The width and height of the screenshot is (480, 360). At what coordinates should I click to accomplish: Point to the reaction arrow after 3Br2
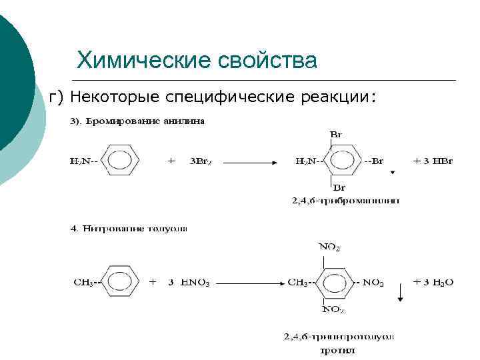click(x=252, y=162)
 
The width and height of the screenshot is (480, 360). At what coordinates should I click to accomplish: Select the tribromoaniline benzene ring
click(x=344, y=161)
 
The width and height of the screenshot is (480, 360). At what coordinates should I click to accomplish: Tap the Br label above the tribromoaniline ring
click(x=337, y=135)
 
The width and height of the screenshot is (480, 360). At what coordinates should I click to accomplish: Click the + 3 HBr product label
click(x=433, y=161)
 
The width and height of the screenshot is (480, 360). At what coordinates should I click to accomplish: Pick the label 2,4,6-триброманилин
click(x=345, y=201)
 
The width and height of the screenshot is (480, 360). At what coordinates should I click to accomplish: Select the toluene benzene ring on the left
click(x=121, y=282)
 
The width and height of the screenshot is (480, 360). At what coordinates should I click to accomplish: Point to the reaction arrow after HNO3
click(x=249, y=283)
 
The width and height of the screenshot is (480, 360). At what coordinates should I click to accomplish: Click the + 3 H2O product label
click(x=433, y=282)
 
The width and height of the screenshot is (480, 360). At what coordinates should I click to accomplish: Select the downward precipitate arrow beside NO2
click(x=401, y=291)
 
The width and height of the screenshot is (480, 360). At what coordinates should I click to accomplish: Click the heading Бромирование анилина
click(x=139, y=121)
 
